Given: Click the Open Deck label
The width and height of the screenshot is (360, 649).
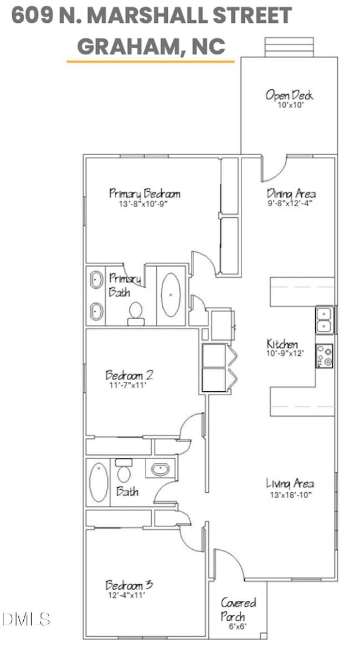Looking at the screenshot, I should [x=289, y=95].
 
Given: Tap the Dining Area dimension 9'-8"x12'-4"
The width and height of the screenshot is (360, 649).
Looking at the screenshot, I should [x=291, y=203].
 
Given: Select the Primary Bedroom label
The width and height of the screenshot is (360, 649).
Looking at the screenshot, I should [x=145, y=193].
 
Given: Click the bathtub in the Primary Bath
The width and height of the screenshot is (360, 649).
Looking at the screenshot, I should [x=172, y=295].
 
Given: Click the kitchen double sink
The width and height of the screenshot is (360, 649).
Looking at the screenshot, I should [x=325, y=320].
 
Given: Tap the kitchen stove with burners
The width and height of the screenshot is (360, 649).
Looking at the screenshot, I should [x=325, y=356].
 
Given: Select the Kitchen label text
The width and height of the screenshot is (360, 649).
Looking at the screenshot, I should [x=282, y=345].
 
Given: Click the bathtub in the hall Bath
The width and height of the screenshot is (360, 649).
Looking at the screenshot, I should [x=99, y=482].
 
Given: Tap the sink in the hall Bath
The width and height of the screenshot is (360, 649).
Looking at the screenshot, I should [x=160, y=469].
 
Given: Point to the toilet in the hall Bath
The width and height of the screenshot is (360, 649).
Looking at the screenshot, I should [x=124, y=472].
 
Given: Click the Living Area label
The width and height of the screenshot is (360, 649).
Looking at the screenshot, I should [x=290, y=483].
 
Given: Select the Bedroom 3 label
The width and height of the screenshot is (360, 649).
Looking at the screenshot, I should [x=129, y=585].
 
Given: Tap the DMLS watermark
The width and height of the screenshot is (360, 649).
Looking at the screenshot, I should [x=26, y=619].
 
